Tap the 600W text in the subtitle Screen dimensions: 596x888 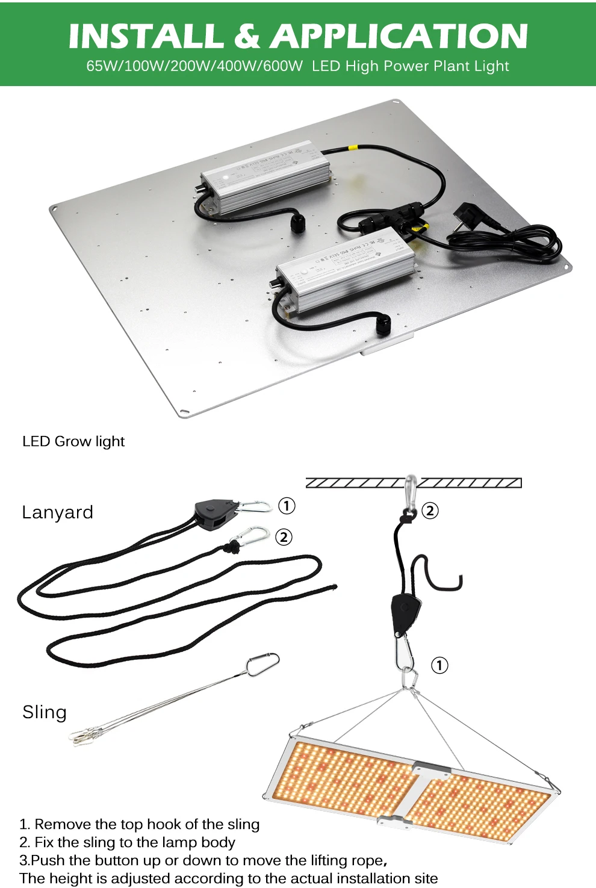pyautogui.click(x=282, y=66)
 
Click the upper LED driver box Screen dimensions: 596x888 pyautogui.click(x=265, y=176)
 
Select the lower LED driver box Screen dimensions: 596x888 pyautogui.click(x=345, y=270)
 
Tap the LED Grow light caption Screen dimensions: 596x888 pyautogui.click(x=73, y=441)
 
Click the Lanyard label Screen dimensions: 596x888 pyautogui.click(x=58, y=512)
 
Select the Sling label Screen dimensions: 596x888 pyautogui.click(x=45, y=712)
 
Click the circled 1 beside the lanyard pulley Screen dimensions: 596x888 pyautogui.click(x=287, y=506)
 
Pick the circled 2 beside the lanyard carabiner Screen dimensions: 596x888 pyautogui.click(x=284, y=536)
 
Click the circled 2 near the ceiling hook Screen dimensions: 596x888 pyautogui.click(x=430, y=511)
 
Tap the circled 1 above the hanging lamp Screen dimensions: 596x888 pyautogui.click(x=439, y=665)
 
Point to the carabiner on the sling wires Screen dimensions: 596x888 pyautogui.click(x=263, y=663)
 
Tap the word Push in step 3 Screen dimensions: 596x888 pyautogui.click(x=46, y=860)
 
